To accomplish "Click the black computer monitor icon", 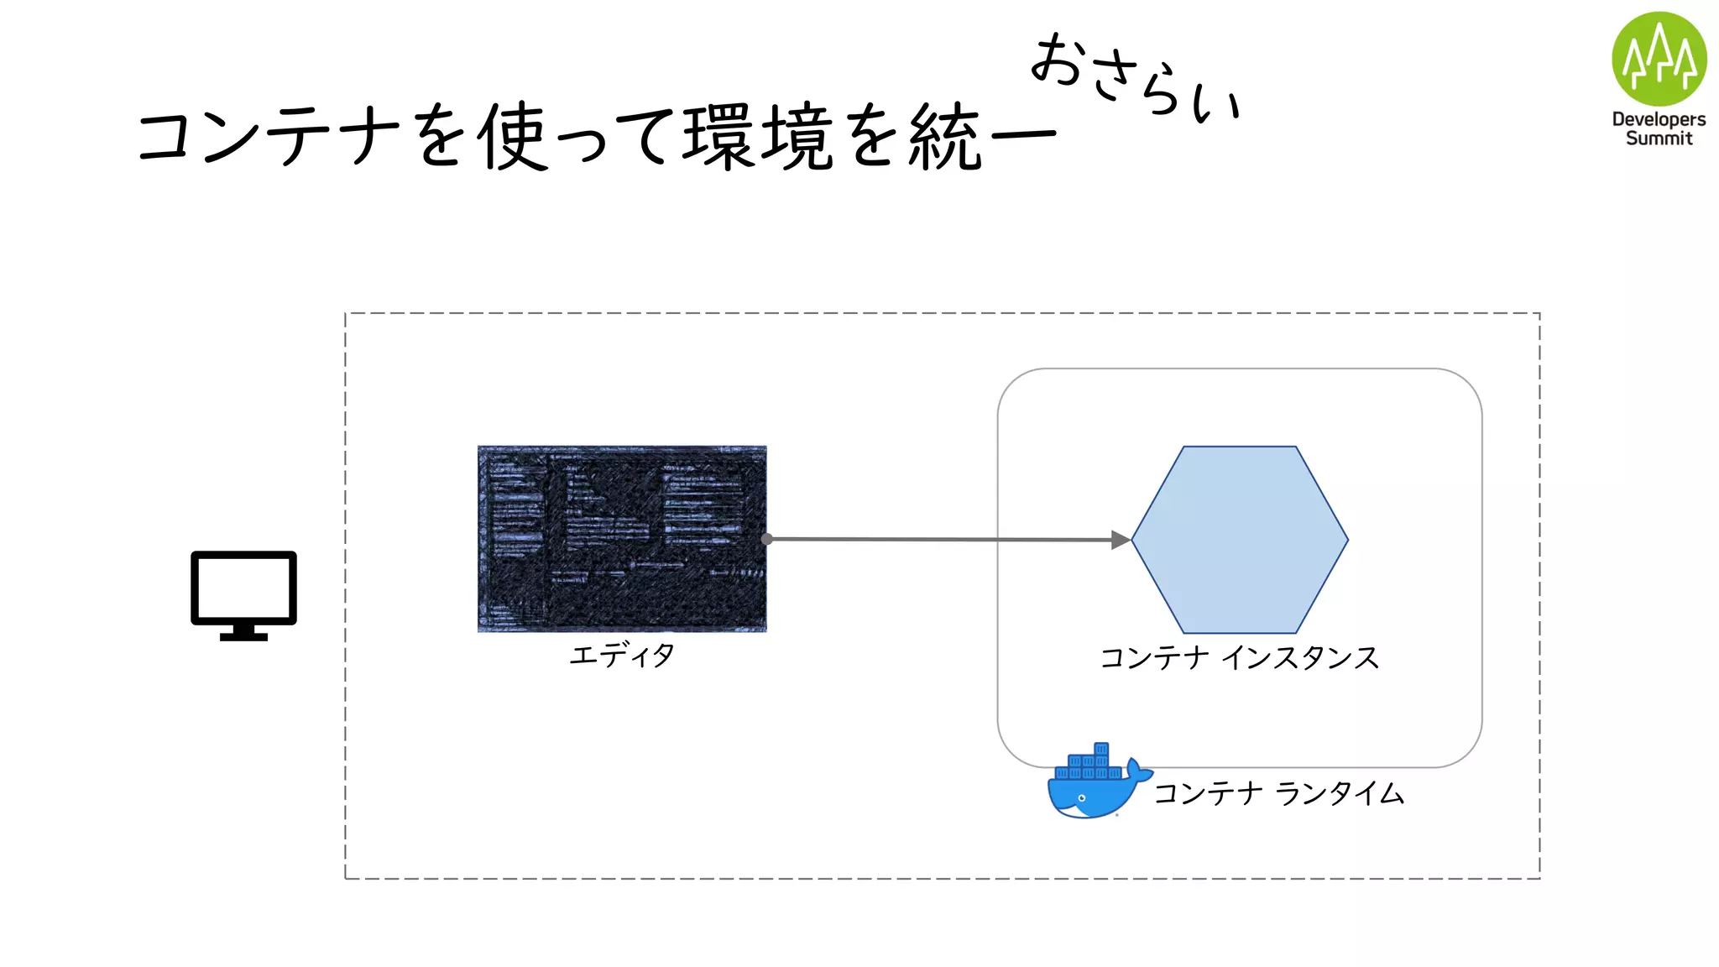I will (x=243, y=588).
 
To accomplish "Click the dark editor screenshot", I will (x=622, y=538).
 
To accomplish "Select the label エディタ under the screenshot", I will (x=622, y=655).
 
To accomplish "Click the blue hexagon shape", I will (x=1240, y=540).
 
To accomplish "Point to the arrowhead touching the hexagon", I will (x=1121, y=540).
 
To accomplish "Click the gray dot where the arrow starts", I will (x=766, y=539).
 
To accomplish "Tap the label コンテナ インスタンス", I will (x=1240, y=658).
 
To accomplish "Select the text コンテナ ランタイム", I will (x=1278, y=793).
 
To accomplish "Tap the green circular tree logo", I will (x=1659, y=59).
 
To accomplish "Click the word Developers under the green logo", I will (x=1659, y=119).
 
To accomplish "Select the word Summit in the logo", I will (x=1659, y=139).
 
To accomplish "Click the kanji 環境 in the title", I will (x=759, y=136).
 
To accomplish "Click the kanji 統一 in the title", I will (x=980, y=136).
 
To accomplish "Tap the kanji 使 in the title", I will (x=513, y=136).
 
